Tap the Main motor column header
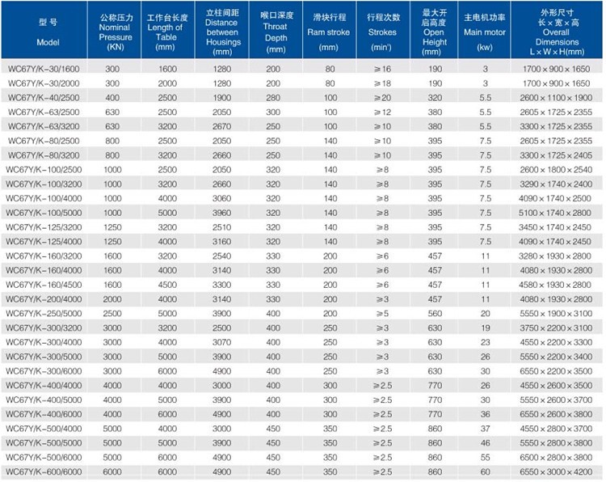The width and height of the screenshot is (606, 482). tap(486, 32)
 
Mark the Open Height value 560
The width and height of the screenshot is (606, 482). tap(436, 313)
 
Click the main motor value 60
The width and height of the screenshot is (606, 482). tap(486, 471)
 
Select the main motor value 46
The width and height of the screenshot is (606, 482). tap(486, 442)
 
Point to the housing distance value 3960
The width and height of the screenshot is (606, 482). tap(222, 213)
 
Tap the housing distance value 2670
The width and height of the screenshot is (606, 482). tap(222, 126)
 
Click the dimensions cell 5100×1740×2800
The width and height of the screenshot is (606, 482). tap(558, 213)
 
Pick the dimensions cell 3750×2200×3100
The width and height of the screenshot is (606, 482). tap(558, 328)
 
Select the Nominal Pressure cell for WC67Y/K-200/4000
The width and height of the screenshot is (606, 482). tap(112, 298)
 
